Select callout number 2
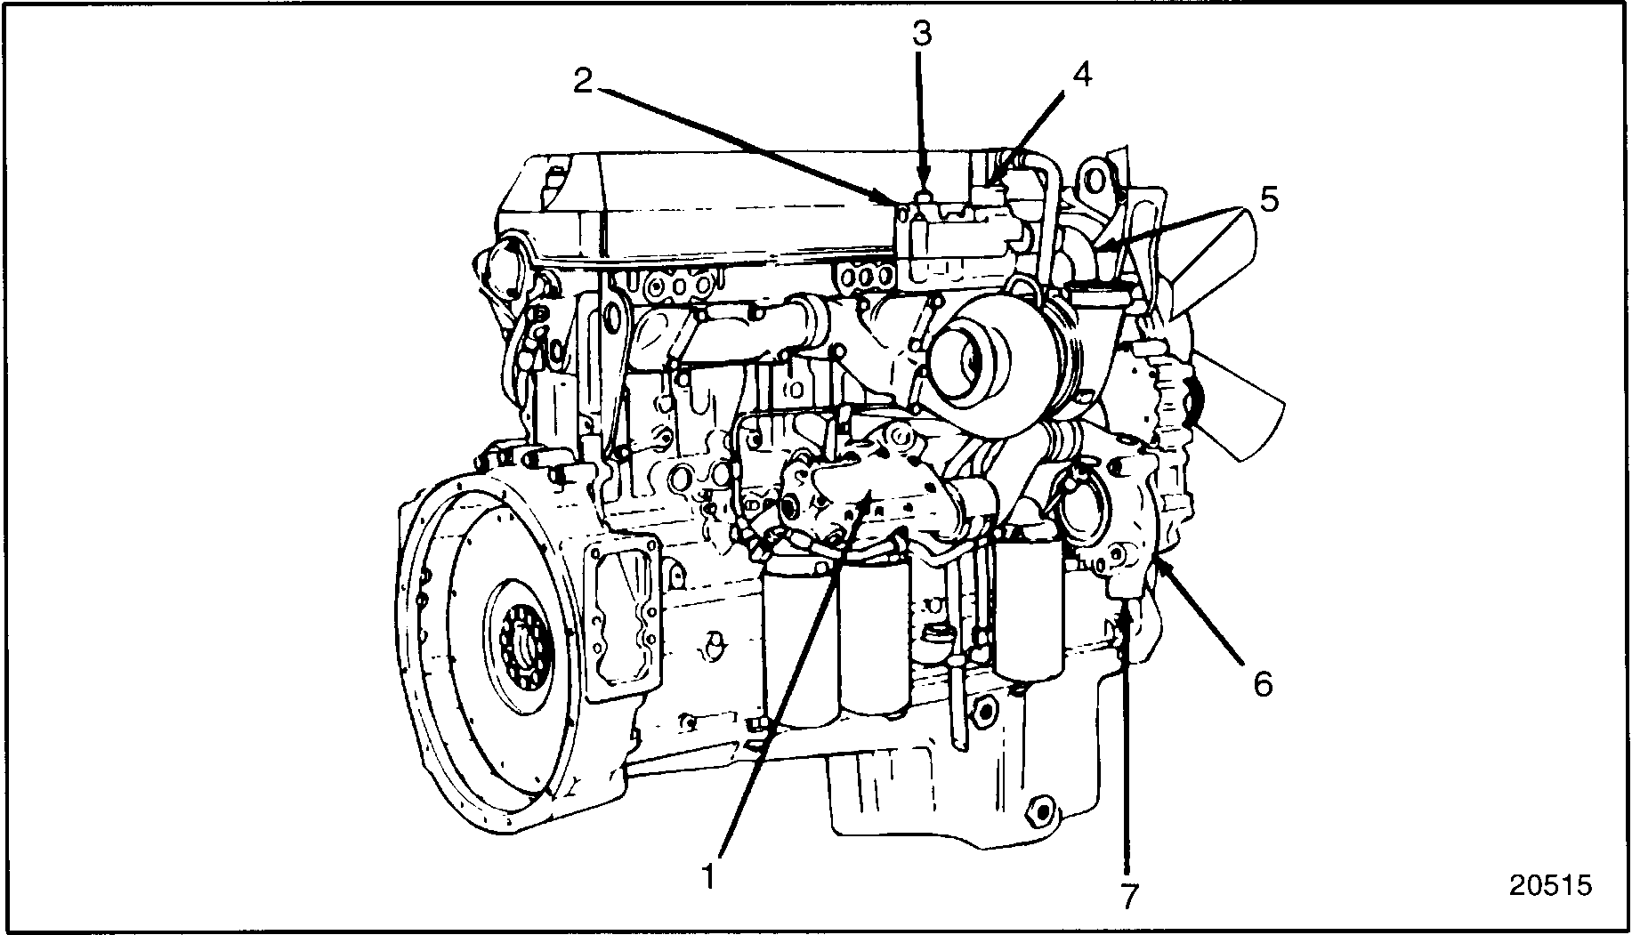583,82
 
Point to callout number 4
1080,76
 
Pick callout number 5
1269,199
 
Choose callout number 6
1263,683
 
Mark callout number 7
1128,895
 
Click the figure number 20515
1549,885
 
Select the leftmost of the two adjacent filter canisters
798,641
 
